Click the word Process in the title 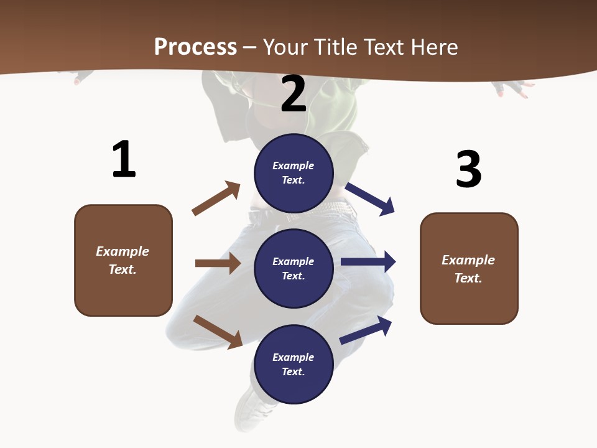pyautogui.click(x=195, y=47)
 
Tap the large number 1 pyautogui.click(x=124, y=159)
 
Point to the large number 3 pyautogui.click(x=468, y=169)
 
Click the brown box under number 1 pyautogui.click(x=123, y=260)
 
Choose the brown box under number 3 pyautogui.click(x=469, y=268)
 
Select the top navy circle pyautogui.click(x=294, y=173)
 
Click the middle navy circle pyautogui.click(x=294, y=268)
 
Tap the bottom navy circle pyautogui.click(x=294, y=364)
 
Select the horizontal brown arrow pyautogui.click(x=218, y=263)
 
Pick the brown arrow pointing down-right pyautogui.click(x=218, y=332)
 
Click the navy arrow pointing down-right pyautogui.click(x=370, y=199)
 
